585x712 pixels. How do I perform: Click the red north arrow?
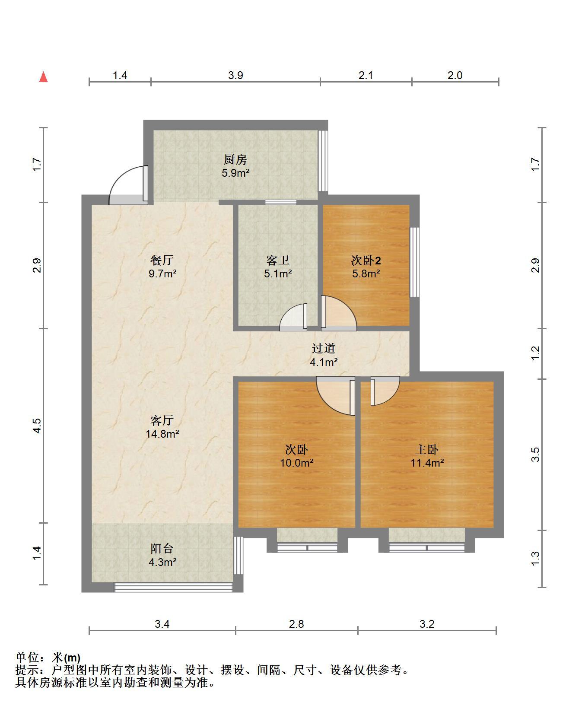tap(43, 77)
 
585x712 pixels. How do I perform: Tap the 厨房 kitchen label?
tap(235, 160)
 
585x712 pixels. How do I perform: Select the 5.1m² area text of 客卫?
tap(278, 273)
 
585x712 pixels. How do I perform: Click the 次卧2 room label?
tap(366, 261)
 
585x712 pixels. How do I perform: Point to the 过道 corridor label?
tap(324, 348)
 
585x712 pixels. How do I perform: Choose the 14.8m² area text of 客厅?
tap(162, 434)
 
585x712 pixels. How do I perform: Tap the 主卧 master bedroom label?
tap(427, 450)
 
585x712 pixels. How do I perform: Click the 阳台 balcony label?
tap(162, 549)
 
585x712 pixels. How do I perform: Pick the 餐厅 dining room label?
tap(162, 260)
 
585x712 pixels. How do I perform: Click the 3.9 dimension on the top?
tap(235, 76)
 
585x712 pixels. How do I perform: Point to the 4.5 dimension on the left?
tap(37, 426)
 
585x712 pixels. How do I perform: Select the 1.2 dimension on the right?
tap(535, 353)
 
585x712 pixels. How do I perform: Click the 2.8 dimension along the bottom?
tap(296, 624)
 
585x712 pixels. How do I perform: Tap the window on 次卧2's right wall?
tap(414, 262)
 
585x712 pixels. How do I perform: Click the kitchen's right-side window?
tap(323, 161)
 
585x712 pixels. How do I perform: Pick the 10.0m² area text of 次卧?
tap(297, 463)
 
